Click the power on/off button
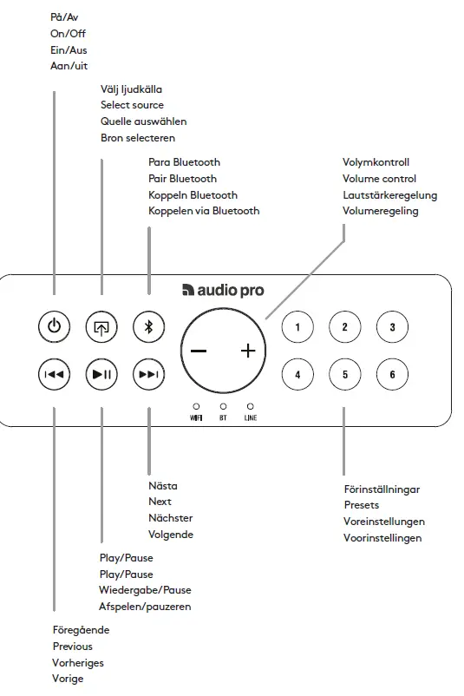54,327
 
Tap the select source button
101,327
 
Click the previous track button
54,375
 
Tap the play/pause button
101,375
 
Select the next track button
148,375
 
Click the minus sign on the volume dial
199,351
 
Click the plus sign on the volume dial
249,351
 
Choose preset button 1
297,327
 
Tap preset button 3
392,327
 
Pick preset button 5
344,375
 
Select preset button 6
392,375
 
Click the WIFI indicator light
196,406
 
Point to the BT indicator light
223,406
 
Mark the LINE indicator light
250,406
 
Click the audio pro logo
223,291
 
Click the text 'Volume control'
379,179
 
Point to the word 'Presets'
362,505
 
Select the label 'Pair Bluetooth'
182,179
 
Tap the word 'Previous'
72,647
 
